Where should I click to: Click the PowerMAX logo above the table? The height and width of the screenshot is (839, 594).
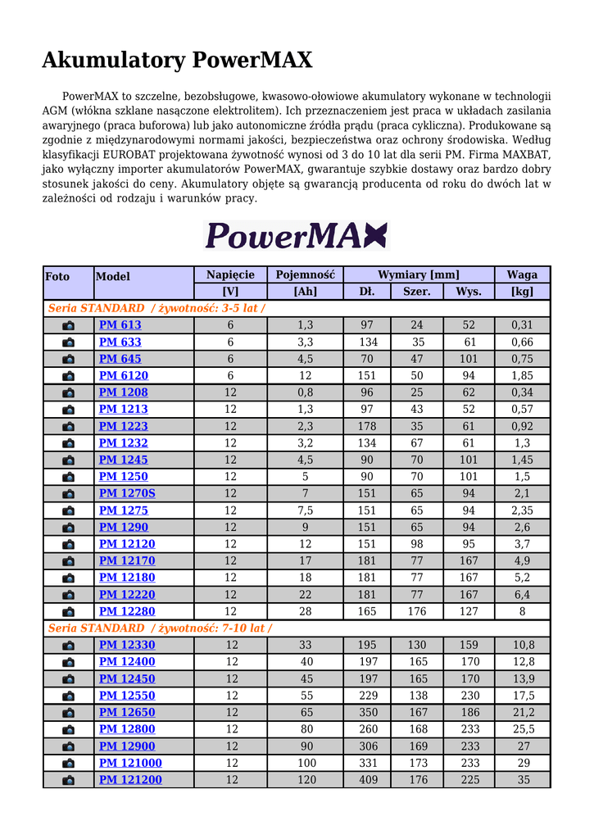(x=295, y=235)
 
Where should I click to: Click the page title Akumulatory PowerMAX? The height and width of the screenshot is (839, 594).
(x=177, y=60)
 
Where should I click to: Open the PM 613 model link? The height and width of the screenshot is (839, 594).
(x=120, y=325)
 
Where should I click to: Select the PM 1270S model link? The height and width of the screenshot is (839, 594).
(x=127, y=493)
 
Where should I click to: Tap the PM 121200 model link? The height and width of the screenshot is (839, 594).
(x=130, y=779)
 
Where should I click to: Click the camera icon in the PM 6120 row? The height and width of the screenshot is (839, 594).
(x=68, y=376)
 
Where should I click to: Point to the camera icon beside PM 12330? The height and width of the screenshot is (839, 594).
(x=68, y=646)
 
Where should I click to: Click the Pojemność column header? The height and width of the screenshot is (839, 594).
(x=305, y=275)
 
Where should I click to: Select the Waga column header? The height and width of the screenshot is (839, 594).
(x=522, y=275)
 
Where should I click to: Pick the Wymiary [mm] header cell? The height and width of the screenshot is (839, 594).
(x=418, y=275)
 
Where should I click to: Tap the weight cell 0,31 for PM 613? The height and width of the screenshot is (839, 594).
(x=522, y=325)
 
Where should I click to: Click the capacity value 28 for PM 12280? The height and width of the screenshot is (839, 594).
(x=305, y=611)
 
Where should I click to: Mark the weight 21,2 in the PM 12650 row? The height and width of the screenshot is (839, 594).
(x=523, y=712)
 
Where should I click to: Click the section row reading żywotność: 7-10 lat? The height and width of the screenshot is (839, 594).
(x=160, y=628)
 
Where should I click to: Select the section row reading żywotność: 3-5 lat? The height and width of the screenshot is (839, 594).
(x=156, y=308)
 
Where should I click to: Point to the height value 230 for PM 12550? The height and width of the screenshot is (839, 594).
(x=469, y=696)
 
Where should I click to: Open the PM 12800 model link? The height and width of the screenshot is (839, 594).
(x=127, y=729)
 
